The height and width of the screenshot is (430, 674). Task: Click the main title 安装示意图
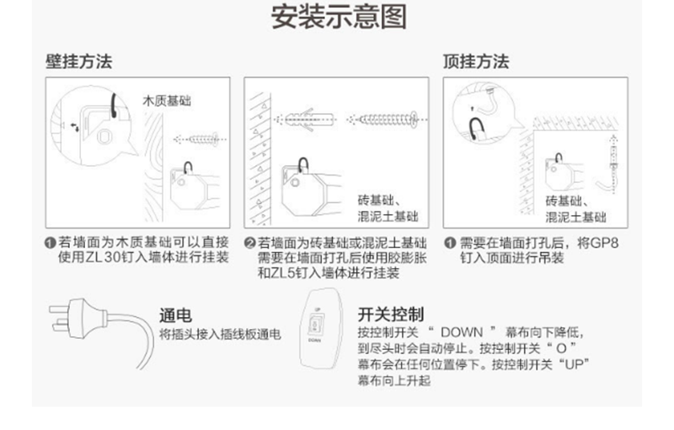pyautogui.click(x=339, y=17)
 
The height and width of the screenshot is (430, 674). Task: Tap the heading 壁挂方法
pyautogui.click(x=79, y=62)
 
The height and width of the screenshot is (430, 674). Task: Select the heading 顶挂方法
pyautogui.click(x=476, y=62)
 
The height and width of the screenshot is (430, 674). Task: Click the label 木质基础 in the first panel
pyautogui.click(x=167, y=101)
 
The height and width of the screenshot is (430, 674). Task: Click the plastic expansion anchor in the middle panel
pyautogui.click(x=308, y=119)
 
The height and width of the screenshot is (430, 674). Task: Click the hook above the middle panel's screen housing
pyautogui.click(x=303, y=165)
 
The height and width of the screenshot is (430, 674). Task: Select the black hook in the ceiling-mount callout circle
pyautogui.click(x=476, y=128)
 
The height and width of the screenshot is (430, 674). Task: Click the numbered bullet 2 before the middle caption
pyautogui.click(x=250, y=244)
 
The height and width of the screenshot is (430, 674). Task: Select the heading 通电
pyautogui.click(x=175, y=315)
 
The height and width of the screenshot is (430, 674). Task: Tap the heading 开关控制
pyautogui.click(x=391, y=314)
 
